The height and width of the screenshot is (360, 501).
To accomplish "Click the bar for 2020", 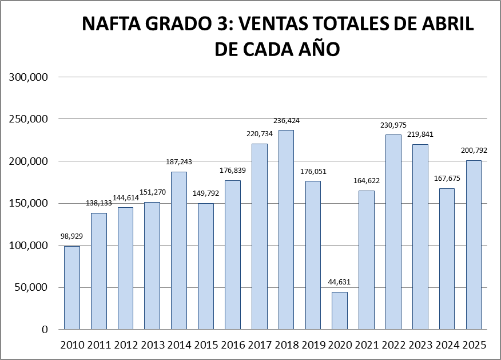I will coord(340,311).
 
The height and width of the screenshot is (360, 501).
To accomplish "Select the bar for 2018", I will coord(286,230).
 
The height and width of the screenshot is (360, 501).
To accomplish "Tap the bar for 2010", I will coord(72,288).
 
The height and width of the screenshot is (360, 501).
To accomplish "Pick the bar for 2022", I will coord(393,232).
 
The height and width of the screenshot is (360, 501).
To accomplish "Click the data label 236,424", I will coord(286,121).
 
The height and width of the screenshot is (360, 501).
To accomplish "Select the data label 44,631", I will coord(340,282).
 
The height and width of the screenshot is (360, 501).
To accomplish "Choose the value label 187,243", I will coord(179,162).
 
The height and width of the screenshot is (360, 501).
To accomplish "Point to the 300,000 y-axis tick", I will coord(28,77).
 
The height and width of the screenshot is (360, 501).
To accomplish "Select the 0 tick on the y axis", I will coord(44,330).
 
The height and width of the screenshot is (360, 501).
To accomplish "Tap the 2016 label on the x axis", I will coord(233,345).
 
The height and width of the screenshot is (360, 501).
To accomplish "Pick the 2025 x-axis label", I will coord(474,345).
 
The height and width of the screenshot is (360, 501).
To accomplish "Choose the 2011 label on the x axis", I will coord(99,345).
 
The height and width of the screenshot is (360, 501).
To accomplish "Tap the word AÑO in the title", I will coord(318,49).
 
